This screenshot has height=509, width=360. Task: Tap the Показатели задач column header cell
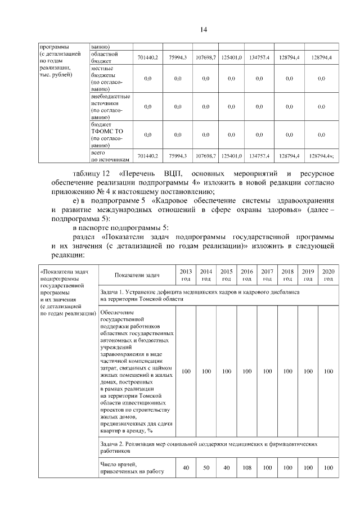click(137, 275)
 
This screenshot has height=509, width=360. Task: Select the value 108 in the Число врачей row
click(246, 467)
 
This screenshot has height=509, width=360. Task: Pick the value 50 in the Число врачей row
click(206, 467)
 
